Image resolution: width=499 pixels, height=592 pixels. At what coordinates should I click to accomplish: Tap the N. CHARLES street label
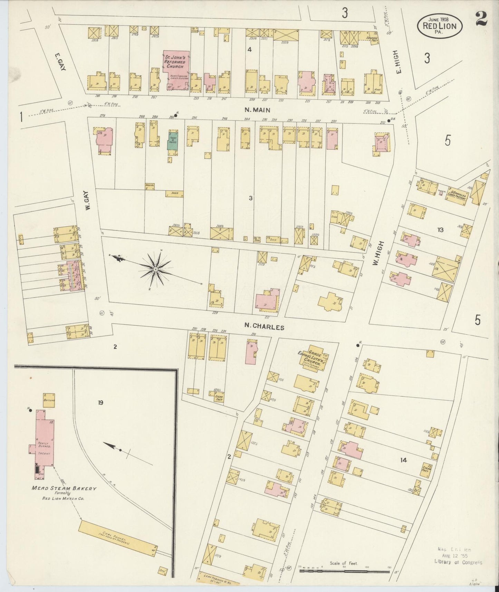coord(264,326)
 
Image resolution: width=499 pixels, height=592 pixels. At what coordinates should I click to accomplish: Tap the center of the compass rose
coord(156,269)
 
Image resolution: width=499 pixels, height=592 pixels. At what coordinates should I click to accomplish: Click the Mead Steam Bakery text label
coord(64,488)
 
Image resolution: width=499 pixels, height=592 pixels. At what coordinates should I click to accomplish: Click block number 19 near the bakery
coord(100,402)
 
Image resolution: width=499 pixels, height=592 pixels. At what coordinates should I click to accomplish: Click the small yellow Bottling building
coord(49,400)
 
